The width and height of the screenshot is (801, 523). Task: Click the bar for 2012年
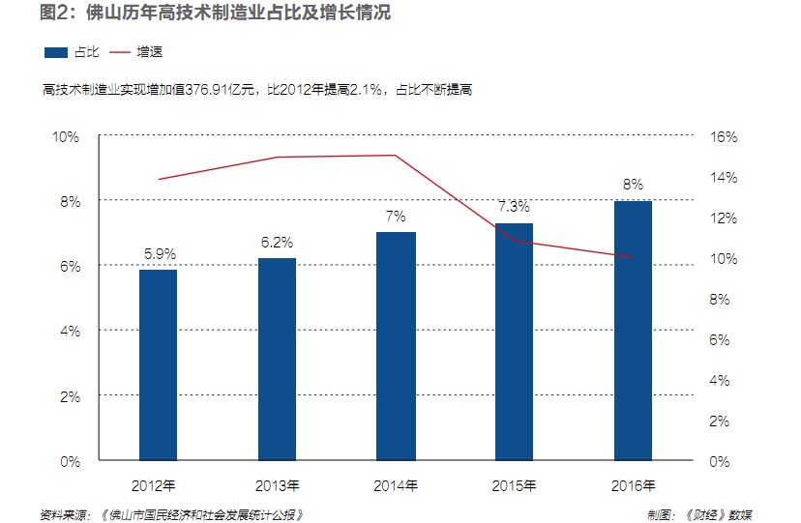159,365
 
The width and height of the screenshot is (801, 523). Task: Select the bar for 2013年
278,360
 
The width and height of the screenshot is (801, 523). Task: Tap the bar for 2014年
397,346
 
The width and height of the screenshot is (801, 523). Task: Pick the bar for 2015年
515,341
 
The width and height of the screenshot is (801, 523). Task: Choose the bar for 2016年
634,331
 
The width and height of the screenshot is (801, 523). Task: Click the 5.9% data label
160,254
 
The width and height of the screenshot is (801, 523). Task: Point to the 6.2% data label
278,243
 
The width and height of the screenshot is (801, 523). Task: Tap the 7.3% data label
515,207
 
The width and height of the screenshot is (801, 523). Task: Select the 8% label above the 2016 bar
634,185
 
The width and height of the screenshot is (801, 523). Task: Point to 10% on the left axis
66,136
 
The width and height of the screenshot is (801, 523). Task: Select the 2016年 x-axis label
634,484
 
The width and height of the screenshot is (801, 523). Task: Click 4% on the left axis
70,331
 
